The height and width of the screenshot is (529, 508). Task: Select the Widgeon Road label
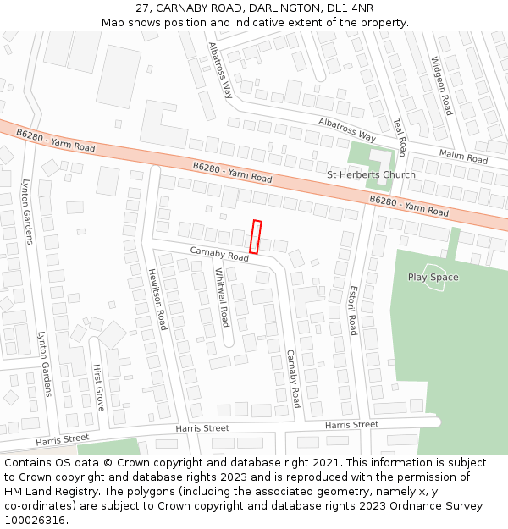(441, 85)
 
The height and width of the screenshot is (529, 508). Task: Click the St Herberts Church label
(371, 175)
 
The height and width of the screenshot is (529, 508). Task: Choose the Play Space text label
(433, 278)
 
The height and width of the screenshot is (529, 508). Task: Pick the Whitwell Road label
(222, 297)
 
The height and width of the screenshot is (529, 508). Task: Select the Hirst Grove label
(98, 388)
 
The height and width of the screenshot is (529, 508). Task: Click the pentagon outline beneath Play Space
(434, 283)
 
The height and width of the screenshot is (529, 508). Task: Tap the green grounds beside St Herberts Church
(366, 157)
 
